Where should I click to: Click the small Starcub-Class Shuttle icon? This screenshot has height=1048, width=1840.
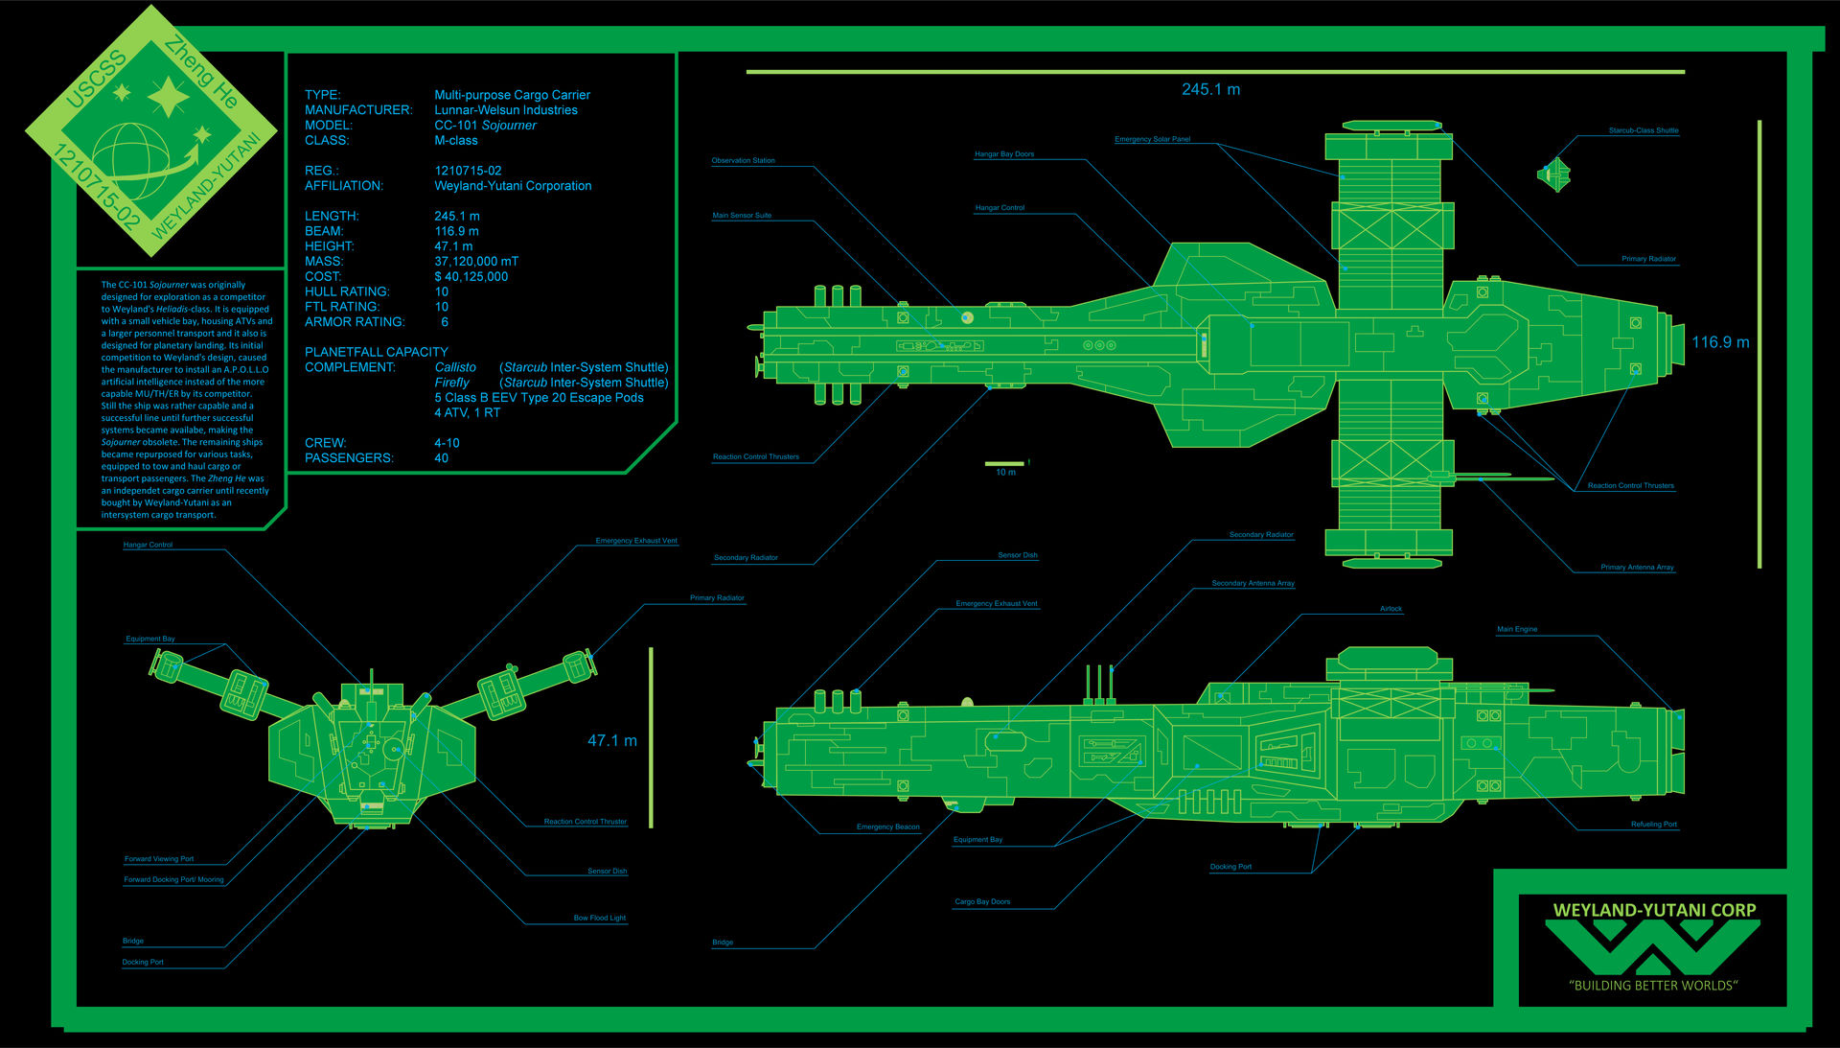point(1554,175)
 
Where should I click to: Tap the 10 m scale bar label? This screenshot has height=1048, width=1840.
point(1005,473)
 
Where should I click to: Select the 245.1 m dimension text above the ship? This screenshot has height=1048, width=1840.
point(1210,89)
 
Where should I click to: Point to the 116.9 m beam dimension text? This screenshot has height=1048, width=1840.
point(1720,342)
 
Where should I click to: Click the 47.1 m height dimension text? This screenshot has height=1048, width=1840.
point(611,740)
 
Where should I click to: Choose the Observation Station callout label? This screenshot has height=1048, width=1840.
point(743,161)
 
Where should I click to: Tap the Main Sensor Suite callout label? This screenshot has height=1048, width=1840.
point(741,216)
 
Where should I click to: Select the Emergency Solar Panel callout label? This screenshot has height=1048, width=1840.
point(1152,139)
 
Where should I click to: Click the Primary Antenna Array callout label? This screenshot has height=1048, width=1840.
point(1637,568)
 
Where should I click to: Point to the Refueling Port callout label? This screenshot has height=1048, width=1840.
point(1654,825)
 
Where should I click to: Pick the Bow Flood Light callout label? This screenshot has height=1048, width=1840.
point(599,918)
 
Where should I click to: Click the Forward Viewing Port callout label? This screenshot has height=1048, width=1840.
point(159,859)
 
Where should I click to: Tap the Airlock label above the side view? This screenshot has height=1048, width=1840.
point(1391,609)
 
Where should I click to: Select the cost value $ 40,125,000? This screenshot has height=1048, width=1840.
point(471,277)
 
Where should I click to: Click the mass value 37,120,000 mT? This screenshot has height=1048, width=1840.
point(476,262)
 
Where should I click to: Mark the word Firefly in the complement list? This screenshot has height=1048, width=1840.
point(451,383)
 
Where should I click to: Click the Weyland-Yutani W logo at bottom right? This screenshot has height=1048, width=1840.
point(1653,948)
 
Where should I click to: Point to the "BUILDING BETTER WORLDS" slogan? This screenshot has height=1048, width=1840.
point(1653,986)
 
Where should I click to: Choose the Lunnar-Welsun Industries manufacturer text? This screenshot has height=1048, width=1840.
point(505,110)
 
